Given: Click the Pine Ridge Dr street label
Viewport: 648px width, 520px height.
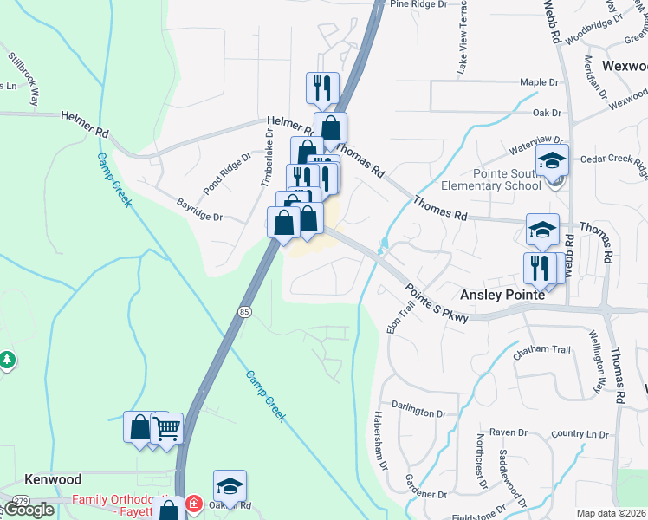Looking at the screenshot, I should click(x=418, y=4).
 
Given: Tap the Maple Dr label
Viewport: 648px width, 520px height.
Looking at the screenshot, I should click(x=539, y=82).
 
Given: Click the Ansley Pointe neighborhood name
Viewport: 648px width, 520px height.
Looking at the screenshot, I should click(x=502, y=295).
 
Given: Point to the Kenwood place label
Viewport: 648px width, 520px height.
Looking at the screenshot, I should click(x=53, y=479).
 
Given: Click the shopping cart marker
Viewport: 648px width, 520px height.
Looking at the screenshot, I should click(x=166, y=427).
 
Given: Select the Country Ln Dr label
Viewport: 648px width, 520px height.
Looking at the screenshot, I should click(x=580, y=434).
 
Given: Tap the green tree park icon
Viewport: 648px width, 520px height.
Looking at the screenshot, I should click(x=6, y=359).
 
